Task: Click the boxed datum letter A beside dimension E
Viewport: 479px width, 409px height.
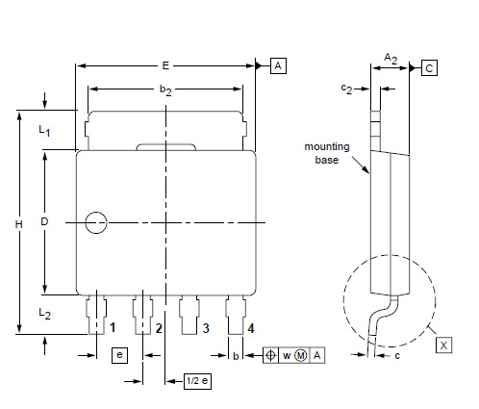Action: point(278,65)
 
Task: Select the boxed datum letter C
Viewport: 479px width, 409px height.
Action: point(429,68)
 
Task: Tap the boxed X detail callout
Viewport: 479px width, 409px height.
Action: point(443,345)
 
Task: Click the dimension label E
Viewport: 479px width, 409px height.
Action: point(165,65)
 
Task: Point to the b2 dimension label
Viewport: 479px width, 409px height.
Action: point(165,90)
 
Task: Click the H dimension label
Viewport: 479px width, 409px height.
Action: point(19,224)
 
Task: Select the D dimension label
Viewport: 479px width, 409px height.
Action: point(44,221)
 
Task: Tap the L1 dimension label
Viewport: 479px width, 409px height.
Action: point(44,131)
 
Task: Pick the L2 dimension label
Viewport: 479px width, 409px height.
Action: point(44,314)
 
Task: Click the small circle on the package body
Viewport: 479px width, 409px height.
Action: point(96,222)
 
